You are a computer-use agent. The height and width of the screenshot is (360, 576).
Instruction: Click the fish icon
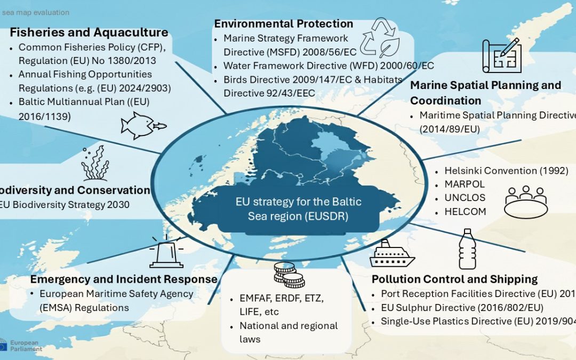point(142,125)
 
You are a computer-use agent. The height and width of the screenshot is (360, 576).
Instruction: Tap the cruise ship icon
point(392,254)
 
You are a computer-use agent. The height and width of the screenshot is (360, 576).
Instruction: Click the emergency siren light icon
point(166,252)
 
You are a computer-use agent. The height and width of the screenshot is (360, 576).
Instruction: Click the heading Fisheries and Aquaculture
point(89,32)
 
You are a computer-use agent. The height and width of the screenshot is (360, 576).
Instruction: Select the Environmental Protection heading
point(283,23)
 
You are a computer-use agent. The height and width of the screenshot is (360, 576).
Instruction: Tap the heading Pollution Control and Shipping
point(454,279)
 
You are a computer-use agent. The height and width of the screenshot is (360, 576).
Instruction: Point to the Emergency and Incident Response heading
point(124,279)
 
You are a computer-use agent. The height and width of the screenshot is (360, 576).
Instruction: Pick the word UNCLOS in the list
point(465,198)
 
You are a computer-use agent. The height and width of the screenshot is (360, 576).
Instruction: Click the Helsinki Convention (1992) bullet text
point(506,171)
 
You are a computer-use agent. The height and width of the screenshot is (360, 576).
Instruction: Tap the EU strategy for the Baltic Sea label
point(298,209)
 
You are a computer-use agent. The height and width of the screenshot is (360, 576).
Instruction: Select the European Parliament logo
point(21,345)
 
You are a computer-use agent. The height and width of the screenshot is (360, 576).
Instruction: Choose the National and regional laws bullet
point(288,332)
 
